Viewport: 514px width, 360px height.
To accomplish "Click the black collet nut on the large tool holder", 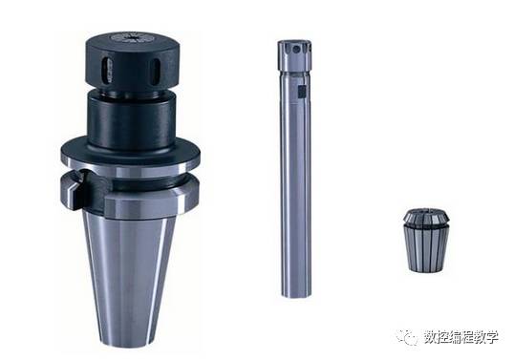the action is tap(134, 61).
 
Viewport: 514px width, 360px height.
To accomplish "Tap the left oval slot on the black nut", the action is tap(106, 70).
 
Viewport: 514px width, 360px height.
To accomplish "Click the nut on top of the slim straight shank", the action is tap(294, 55).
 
